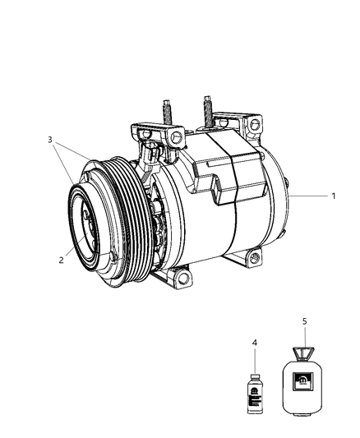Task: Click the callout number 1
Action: tap(333, 197)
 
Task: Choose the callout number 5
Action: tap(304, 322)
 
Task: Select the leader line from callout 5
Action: tap(304, 337)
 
